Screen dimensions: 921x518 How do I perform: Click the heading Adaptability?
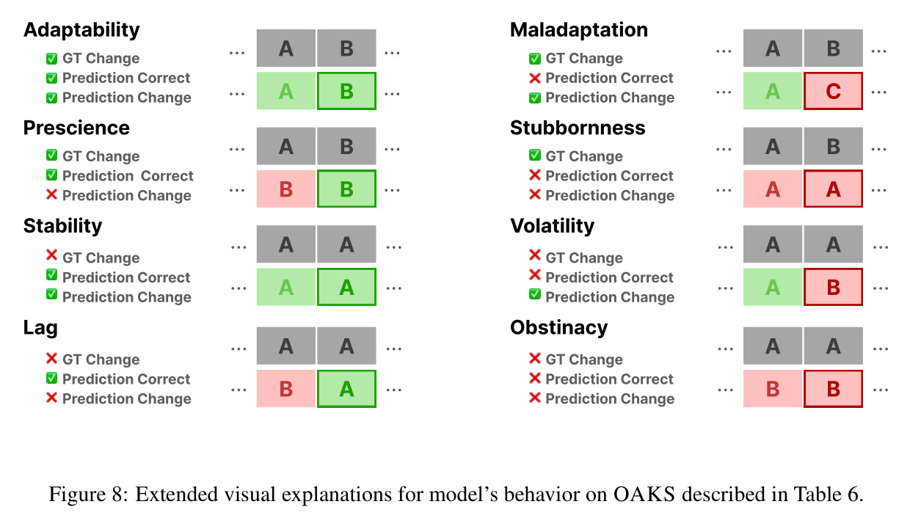[81, 30]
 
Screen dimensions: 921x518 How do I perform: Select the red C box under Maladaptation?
[834, 91]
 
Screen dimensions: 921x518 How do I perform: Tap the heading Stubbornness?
[578, 128]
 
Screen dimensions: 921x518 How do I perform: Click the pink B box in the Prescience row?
[286, 189]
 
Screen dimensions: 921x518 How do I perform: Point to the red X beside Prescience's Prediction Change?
[51, 194]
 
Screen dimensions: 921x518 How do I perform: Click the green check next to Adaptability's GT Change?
[51, 59]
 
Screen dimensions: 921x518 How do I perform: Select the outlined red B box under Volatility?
[834, 287]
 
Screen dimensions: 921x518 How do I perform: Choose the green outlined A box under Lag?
[346, 389]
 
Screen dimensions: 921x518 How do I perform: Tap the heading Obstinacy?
[558, 328]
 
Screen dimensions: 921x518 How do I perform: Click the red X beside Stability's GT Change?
[51, 255]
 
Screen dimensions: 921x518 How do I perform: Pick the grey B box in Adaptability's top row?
[346, 48]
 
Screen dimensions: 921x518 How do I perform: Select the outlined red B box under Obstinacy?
[834, 389]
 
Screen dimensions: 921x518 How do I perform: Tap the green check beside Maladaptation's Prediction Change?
[534, 98]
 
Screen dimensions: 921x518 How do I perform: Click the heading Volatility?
[552, 226]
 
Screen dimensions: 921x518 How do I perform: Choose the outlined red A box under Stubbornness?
[834, 189]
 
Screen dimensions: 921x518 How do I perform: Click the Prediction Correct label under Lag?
[126, 379]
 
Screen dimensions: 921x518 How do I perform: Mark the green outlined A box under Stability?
[346, 287]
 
